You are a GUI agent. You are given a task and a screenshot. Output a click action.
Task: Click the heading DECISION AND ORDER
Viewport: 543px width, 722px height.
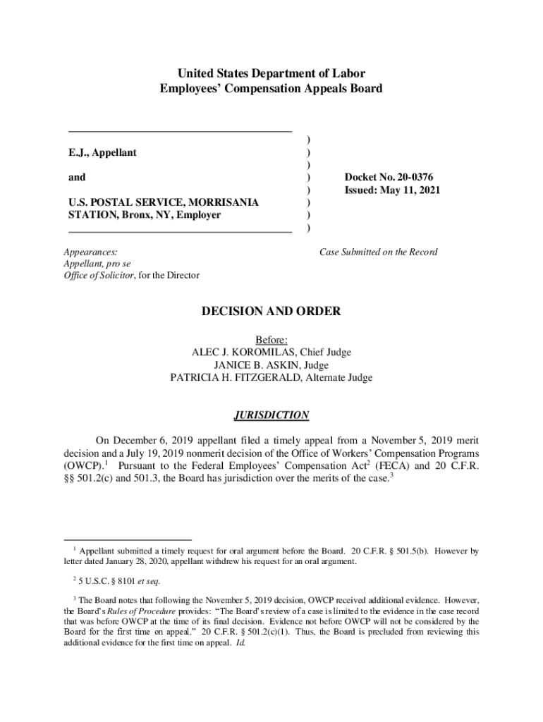tap(271, 311)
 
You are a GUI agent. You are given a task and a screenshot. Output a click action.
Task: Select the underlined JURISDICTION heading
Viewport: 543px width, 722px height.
tap(271, 415)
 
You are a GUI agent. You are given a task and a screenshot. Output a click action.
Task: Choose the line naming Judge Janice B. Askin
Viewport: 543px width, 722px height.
tap(271, 365)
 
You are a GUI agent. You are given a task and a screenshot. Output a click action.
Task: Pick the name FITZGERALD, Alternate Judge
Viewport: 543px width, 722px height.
tap(303, 377)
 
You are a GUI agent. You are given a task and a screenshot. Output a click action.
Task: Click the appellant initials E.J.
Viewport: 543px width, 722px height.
tap(78, 152)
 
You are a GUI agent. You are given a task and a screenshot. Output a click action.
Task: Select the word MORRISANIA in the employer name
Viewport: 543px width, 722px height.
tap(226, 202)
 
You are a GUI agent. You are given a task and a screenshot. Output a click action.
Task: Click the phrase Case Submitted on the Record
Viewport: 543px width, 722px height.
tap(378, 252)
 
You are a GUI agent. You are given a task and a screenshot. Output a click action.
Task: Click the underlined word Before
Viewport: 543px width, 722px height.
tap(271, 340)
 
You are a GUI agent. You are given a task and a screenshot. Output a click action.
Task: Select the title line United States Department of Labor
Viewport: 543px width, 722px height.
tap(271, 73)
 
